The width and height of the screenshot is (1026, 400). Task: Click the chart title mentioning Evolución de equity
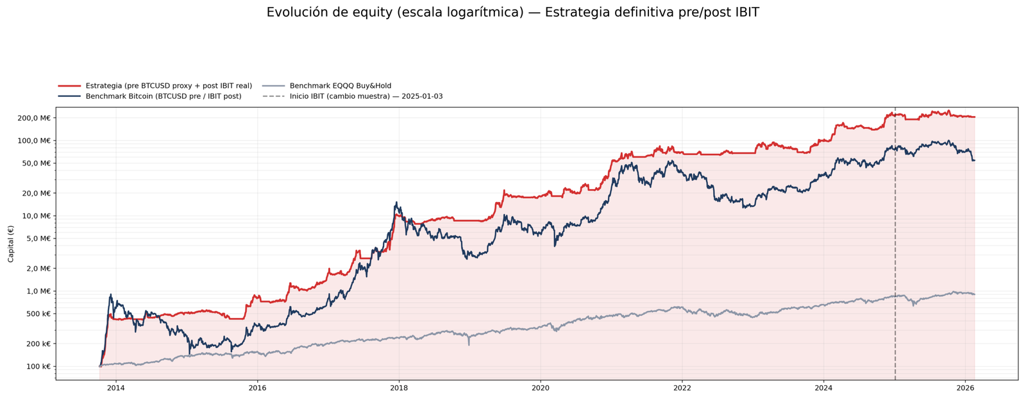[512, 13]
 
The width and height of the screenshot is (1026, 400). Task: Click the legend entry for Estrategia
[169, 86]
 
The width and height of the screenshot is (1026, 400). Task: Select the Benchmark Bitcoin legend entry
[164, 97]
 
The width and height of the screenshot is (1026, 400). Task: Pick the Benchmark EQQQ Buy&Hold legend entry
[340, 86]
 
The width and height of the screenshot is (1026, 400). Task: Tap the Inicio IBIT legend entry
[366, 97]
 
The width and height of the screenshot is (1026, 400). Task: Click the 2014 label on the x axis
[116, 388]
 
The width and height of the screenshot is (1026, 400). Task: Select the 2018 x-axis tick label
[399, 388]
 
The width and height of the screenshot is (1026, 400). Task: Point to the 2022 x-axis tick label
[682, 388]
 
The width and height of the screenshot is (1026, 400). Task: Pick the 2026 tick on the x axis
[965, 388]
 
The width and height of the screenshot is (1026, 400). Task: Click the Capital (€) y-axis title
[11, 244]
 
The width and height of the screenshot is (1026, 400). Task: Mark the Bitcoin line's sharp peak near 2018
[396, 203]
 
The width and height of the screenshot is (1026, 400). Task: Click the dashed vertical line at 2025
[895, 256]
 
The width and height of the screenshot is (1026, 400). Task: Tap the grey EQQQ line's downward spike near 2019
[469, 344]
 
